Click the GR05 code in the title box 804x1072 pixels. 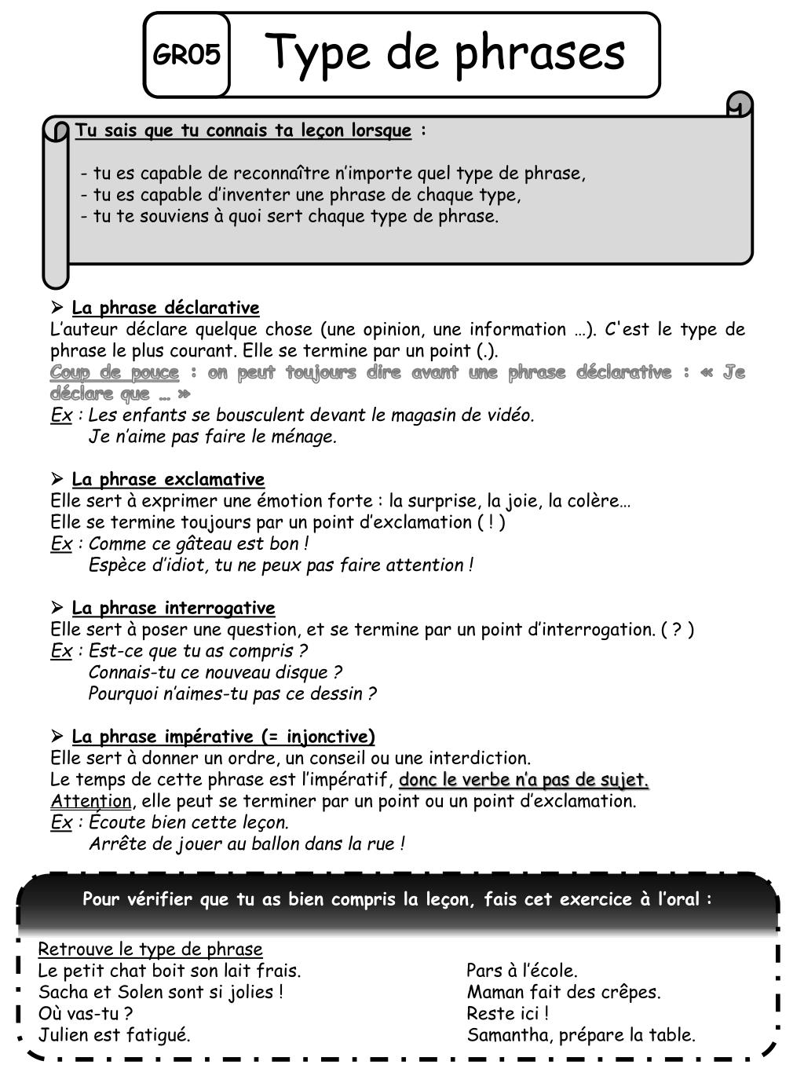tap(186, 56)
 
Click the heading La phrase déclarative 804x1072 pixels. tap(165, 308)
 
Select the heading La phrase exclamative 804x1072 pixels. tap(168, 480)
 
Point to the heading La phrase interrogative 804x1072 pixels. tap(173, 609)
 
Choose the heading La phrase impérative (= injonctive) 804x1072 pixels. tap(223, 737)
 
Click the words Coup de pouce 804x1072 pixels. tap(115, 372)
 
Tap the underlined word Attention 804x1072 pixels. tap(91, 802)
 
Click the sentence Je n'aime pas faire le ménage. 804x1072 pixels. tap(213, 437)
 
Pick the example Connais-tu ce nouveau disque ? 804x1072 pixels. tap(215, 673)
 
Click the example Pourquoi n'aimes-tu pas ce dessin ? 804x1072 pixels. tap(232, 694)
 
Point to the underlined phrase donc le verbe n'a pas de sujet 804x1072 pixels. tap(524, 781)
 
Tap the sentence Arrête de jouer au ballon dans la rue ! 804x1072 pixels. tap(247, 844)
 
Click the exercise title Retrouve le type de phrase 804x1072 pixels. tap(150, 949)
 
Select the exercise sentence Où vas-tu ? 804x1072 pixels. tap(85, 1014)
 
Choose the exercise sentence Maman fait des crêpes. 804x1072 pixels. tap(564, 993)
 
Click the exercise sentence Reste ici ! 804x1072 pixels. tap(507, 1014)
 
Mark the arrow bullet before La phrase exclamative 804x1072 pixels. tap(57, 479)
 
